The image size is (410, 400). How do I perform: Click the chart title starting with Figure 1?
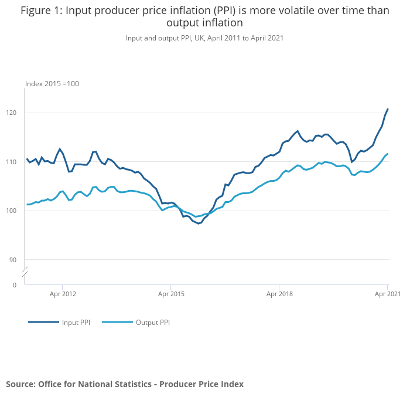tap(204, 17)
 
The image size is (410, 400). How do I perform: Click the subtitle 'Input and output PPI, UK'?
tap(204, 38)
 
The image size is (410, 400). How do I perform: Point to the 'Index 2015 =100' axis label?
tap(52, 84)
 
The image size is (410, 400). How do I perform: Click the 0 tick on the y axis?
tap(15, 285)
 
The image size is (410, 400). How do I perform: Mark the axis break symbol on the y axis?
tap(25, 273)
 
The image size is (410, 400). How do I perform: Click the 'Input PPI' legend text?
tap(76, 323)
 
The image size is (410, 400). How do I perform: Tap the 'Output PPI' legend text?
tap(152, 323)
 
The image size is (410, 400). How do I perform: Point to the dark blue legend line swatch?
tap(43, 323)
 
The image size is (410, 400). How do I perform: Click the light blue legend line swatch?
tap(117, 323)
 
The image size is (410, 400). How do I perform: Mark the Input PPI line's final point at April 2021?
tap(388, 109)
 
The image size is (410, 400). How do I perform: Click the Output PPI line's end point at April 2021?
tap(388, 154)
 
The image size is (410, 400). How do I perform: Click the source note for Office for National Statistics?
tap(125, 384)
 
